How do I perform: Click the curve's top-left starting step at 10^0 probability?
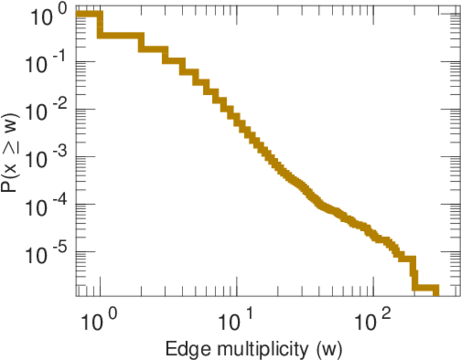tap(89, 14)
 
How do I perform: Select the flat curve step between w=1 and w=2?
tap(120, 35)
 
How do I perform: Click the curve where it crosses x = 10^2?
tap(373, 231)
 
